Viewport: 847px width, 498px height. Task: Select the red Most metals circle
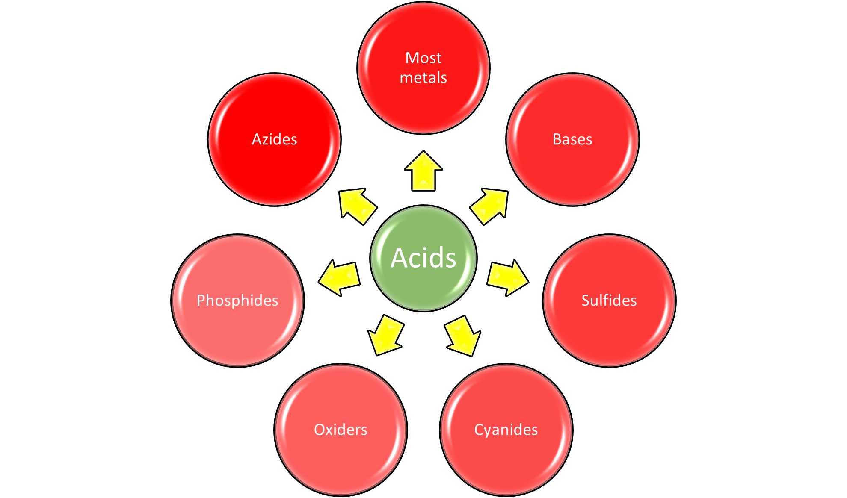tap(423, 103)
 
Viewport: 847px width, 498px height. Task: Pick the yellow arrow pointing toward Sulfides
tap(507, 277)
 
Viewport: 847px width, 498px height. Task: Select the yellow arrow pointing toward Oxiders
tap(386, 336)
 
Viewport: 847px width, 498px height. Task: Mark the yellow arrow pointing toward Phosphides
tap(340, 277)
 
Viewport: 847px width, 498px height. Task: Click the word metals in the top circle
tap(423, 78)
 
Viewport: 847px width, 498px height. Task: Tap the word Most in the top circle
tap(423, 58)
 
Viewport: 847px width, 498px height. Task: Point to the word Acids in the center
tap(423, 258)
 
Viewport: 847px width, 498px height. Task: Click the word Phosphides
tap(237, 301)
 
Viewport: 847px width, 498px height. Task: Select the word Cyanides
tap(506, 430)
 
